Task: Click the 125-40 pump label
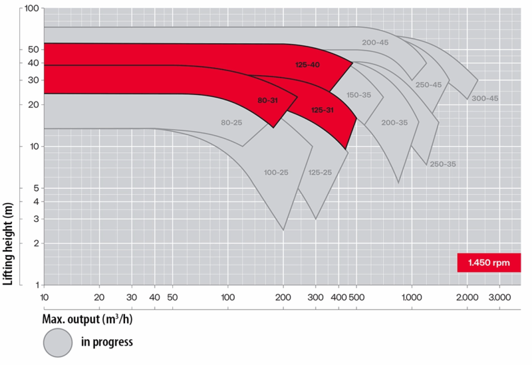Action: click(307, 64)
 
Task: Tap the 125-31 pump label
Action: click(322, 110)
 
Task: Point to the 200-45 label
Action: click(375, 43)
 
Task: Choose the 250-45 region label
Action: click(428, 84)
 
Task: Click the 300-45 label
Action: click(485, 98)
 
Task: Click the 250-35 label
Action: click(442, 164)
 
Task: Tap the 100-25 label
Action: click(276, 173)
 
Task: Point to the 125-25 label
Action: click(319, 173)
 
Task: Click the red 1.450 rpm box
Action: click(489, 263)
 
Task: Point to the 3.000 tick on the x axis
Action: click(499, 297)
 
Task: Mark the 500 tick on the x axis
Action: click(356, 297)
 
